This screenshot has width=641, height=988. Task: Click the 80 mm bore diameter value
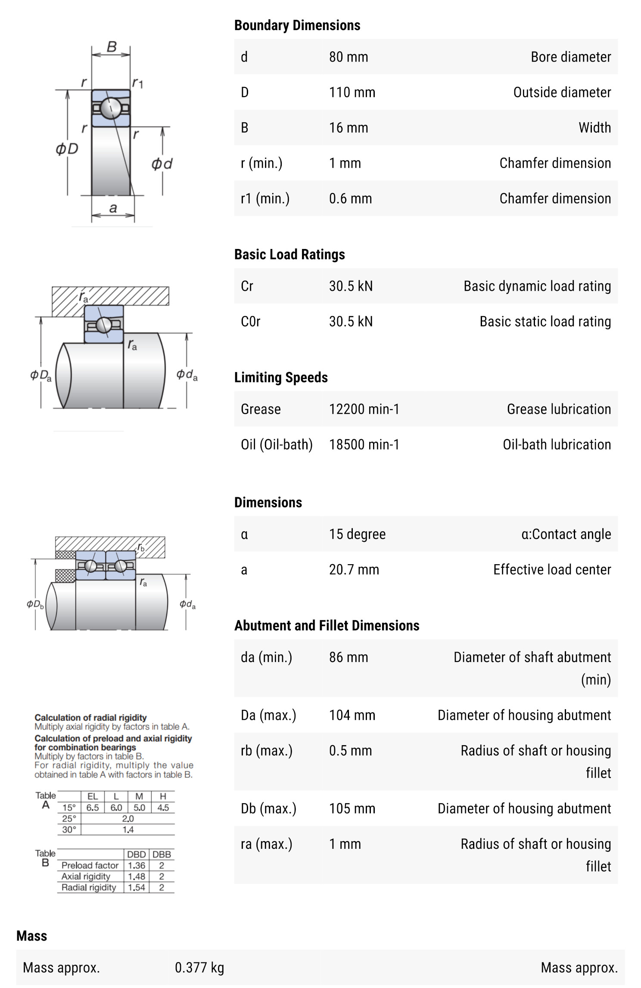[x=348, y=57]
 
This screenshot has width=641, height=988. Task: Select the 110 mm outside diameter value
[x=352, y=92]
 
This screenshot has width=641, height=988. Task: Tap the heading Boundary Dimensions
[x=297, y=25]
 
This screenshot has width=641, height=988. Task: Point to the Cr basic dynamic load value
[x=351, y=286]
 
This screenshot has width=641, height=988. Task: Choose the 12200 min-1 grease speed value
[x=364, y=409]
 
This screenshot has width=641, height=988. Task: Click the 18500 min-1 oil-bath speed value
[x=364, y=444]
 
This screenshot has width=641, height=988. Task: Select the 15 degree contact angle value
[x=357, y=534]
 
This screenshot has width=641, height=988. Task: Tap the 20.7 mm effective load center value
[x=354, y=569]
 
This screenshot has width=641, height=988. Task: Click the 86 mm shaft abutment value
[x=348, y=657]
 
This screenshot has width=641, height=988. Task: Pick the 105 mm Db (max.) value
[x=352, y=808]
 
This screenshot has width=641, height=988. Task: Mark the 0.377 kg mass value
[x=199, y=968]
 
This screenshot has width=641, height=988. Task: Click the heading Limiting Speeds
[x=281, y=377]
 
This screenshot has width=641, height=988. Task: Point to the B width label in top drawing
[x=112, y=47]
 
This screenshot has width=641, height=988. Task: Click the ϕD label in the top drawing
[x=67, y=149]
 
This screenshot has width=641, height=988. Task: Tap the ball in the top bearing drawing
[x=111, y=108]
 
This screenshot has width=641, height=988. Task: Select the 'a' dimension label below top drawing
[x=113, y=208]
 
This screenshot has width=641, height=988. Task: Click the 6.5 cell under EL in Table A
[x=93, y=808]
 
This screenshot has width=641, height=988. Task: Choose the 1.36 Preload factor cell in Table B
[x=136, y=865]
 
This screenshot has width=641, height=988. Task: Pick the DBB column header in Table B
[x=162, y=854]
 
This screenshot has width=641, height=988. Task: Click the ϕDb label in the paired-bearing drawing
[x=35, y=604]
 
